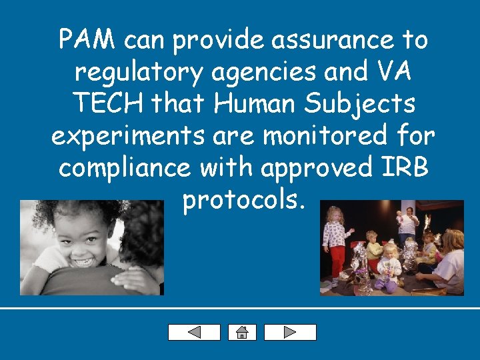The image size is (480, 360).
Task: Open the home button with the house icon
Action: [x=242, y=332]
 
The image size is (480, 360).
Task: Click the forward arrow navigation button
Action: [x=290, y=332]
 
